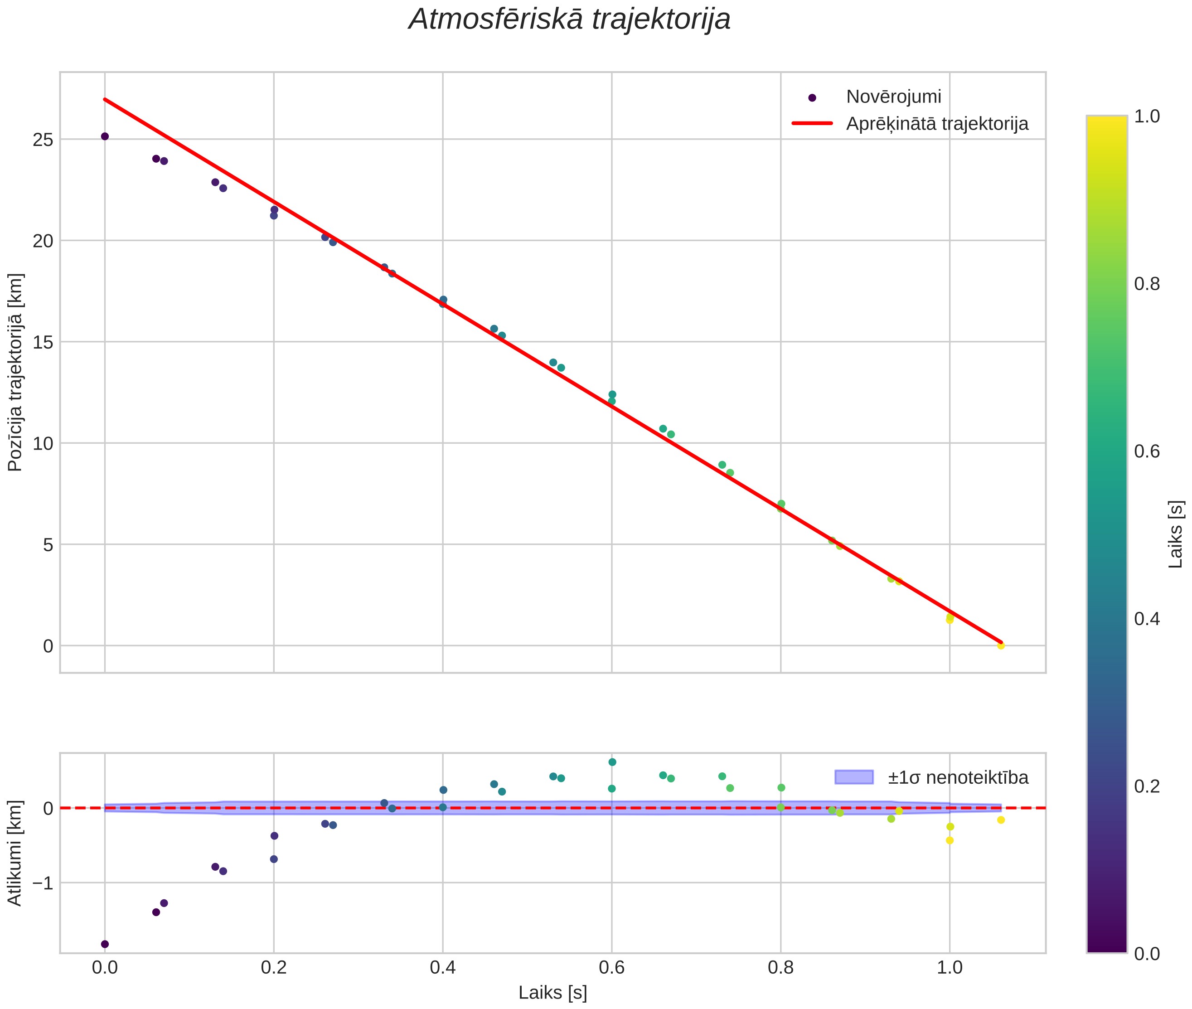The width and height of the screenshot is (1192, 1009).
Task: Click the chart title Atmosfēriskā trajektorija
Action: pyautogui.click(x=569, y=19)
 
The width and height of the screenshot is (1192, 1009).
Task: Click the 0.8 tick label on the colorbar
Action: pyautogui.click(x=1147, y=284)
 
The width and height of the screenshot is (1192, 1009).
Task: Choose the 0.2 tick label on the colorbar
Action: pyautogui.click(x=1147, y=786)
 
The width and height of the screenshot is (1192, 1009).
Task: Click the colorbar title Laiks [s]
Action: pyautogui.click(x=1175, y=534)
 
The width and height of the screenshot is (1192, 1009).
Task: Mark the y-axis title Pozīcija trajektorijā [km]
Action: pyautogui.click(x=15, y=373)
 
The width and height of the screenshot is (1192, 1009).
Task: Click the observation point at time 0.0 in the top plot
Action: pyautogui.click(x=105, y=136)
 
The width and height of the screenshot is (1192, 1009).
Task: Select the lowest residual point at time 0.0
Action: pyautogui.click(x=105, y=944)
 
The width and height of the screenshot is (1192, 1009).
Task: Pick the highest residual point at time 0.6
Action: pyautogui.click(x=612, y=762)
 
